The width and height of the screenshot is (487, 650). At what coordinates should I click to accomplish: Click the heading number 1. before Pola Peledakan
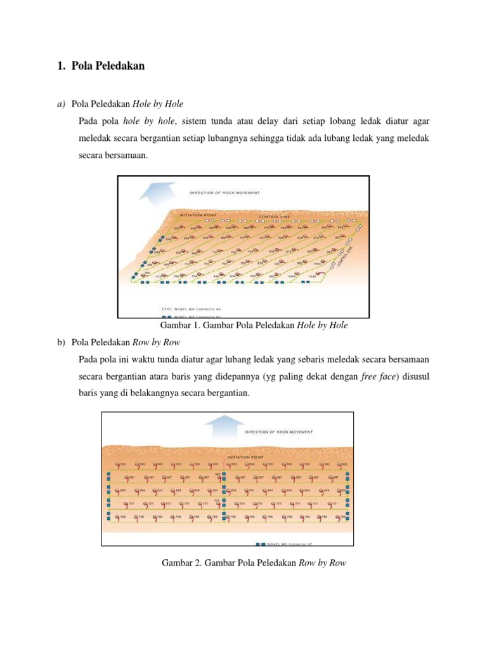(x=62, y=66)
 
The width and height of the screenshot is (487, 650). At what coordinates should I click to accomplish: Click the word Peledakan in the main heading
(x=121, y=66)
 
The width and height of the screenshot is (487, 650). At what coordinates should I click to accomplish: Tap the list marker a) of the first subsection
(x=62, y=103)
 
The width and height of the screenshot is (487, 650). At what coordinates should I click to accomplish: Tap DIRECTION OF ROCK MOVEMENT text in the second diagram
(x=278, y=432)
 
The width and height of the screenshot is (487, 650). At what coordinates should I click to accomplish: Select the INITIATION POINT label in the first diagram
(x=199, y=215)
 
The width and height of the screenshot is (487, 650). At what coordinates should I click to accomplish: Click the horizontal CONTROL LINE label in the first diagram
(x=275, y=216)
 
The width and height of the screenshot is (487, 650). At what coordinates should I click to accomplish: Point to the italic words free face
(x=377, y=376)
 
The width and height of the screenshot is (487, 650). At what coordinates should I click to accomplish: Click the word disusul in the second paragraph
(x=416, y=376)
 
